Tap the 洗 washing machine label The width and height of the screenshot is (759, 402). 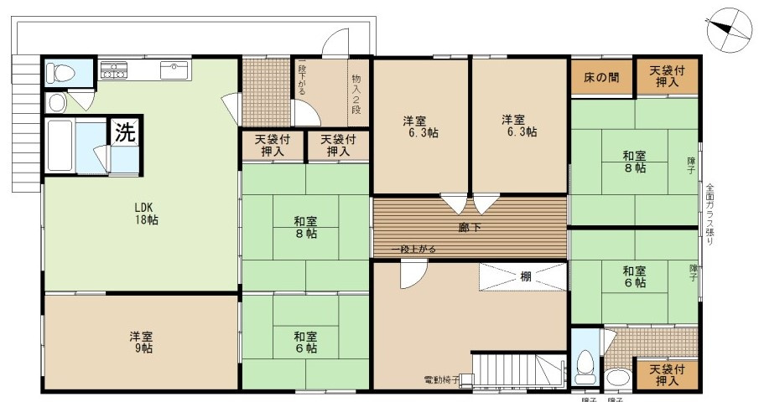click(124, 131)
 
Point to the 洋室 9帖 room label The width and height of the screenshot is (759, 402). click(141, 342)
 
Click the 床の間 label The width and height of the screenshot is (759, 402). click(601, 77)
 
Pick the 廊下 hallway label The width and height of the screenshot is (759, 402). click(469, 227)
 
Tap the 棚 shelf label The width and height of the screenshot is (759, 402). click(524, 276)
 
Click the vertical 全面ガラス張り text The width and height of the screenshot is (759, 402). click(710, 214)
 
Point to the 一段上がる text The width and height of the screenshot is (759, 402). click(412, 250)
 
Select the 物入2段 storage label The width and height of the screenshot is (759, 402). click(356, 93)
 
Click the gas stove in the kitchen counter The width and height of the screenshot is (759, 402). click(114, 70)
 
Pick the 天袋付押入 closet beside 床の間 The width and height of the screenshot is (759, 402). click(667, 77)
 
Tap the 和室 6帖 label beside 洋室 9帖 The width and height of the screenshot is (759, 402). click(305, 342)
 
